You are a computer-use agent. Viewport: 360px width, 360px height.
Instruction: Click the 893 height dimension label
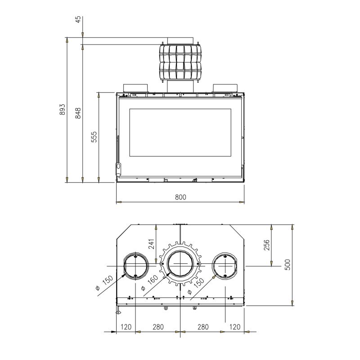coord(63,109)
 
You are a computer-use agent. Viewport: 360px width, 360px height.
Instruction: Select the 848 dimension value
coord(78,113)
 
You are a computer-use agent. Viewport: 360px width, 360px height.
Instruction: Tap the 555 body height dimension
coord(94,137)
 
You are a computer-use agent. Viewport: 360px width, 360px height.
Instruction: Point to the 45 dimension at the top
coord(78,19)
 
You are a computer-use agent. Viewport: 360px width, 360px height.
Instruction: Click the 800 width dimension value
coord(180,197)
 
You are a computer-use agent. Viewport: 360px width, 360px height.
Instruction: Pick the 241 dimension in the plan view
coord(152,244)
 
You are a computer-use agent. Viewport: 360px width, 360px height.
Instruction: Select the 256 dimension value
coord(266,245)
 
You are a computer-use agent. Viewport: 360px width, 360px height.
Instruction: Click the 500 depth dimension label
coord(288,265)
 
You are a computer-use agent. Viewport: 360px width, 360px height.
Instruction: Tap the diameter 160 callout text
coord(149,283)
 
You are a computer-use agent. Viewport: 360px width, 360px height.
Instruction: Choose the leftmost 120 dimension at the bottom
coord(126,327)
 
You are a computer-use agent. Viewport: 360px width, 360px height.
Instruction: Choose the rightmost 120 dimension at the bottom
coord(234,327)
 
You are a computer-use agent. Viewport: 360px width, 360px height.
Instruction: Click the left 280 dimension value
coord(158,327)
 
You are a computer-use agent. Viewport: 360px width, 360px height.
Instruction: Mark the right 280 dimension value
coord(203,327)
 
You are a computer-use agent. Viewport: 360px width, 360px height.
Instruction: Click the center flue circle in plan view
coord(168,264)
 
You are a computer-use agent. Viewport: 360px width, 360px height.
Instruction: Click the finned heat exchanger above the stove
coord(180,62)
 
